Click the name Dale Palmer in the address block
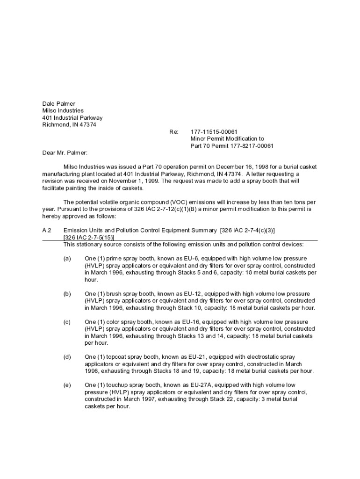58,103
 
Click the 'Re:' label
174,132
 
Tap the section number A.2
46,230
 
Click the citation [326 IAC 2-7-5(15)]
88,237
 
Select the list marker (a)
67,258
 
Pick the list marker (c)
67,322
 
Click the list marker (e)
67,385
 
